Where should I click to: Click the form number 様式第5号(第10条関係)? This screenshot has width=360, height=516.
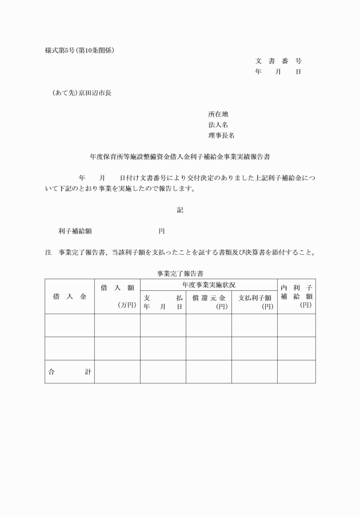click(x=79, y=50)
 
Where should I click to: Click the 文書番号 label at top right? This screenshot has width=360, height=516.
click(x=278, y=61)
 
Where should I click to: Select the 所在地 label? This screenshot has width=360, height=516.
click(x=218, y=114)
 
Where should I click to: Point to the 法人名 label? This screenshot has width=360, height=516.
click(x=218, y=125)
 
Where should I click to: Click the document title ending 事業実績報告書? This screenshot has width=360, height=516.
click(x=180, y=156)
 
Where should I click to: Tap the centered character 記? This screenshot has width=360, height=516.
click(x=180, y=210)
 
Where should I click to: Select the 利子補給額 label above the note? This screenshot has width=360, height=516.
click(x=75, y=231)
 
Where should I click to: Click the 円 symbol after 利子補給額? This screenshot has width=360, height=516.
click(x=162, y=231)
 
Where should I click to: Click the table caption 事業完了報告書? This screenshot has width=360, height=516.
click(x=180, y=274)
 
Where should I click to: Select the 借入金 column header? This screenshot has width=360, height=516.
click(x=70, y=297)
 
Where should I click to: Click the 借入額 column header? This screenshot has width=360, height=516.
click(x=117, y=288)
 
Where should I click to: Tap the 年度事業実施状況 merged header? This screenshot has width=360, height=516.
click(x=209, y=284)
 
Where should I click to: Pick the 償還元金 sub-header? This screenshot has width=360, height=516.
click(x=209, y=298)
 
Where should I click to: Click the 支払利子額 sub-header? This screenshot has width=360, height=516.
click(x=254, y=298)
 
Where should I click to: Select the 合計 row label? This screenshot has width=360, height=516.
click(x=70, y=371)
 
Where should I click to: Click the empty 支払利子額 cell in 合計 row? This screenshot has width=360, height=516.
click(x=254, y=371)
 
